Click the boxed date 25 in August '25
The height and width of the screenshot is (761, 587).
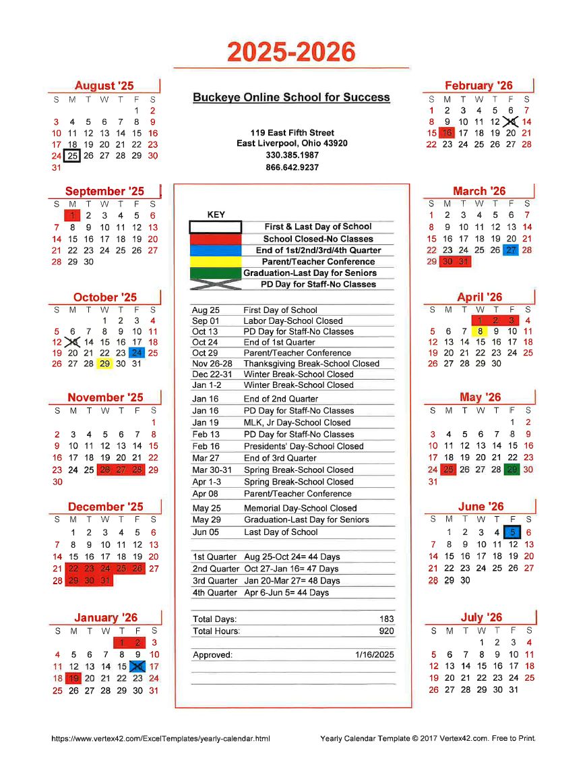[73, 156]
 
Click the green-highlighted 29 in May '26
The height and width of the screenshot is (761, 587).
[512, 470]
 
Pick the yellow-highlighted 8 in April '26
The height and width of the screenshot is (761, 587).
[480, 331]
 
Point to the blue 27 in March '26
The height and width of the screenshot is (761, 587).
[512, 250]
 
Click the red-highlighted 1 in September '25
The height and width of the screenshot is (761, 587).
[73, 216]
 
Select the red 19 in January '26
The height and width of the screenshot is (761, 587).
[73, 679]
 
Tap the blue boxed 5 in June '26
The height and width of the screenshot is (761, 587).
[512, 532]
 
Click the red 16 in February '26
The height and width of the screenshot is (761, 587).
[447, 133]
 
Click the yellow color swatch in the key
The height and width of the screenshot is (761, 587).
[215, 262]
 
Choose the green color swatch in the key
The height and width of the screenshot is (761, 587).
[215, 273]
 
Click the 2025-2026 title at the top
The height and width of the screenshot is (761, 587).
[291, 52]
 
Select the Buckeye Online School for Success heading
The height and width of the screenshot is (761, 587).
[291, 97]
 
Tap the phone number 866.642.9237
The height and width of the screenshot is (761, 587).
[292, 167]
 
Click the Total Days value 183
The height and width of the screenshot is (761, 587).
[387, 619]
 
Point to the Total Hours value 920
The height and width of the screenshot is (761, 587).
[387, 631]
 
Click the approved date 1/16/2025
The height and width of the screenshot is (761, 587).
[375, 655]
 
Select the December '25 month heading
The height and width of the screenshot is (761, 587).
[105, 507]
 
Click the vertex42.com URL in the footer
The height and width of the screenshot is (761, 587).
[160, 739]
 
